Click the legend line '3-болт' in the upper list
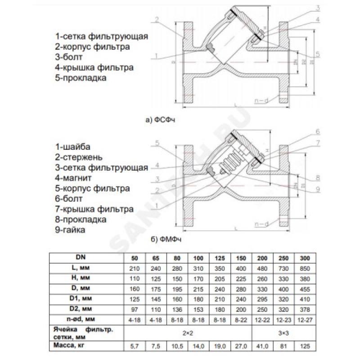click(x=69, y=57)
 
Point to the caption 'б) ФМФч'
click(x=161, y=240)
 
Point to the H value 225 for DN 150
click(x=241, y=278)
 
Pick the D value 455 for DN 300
click(x=305, y=288)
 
